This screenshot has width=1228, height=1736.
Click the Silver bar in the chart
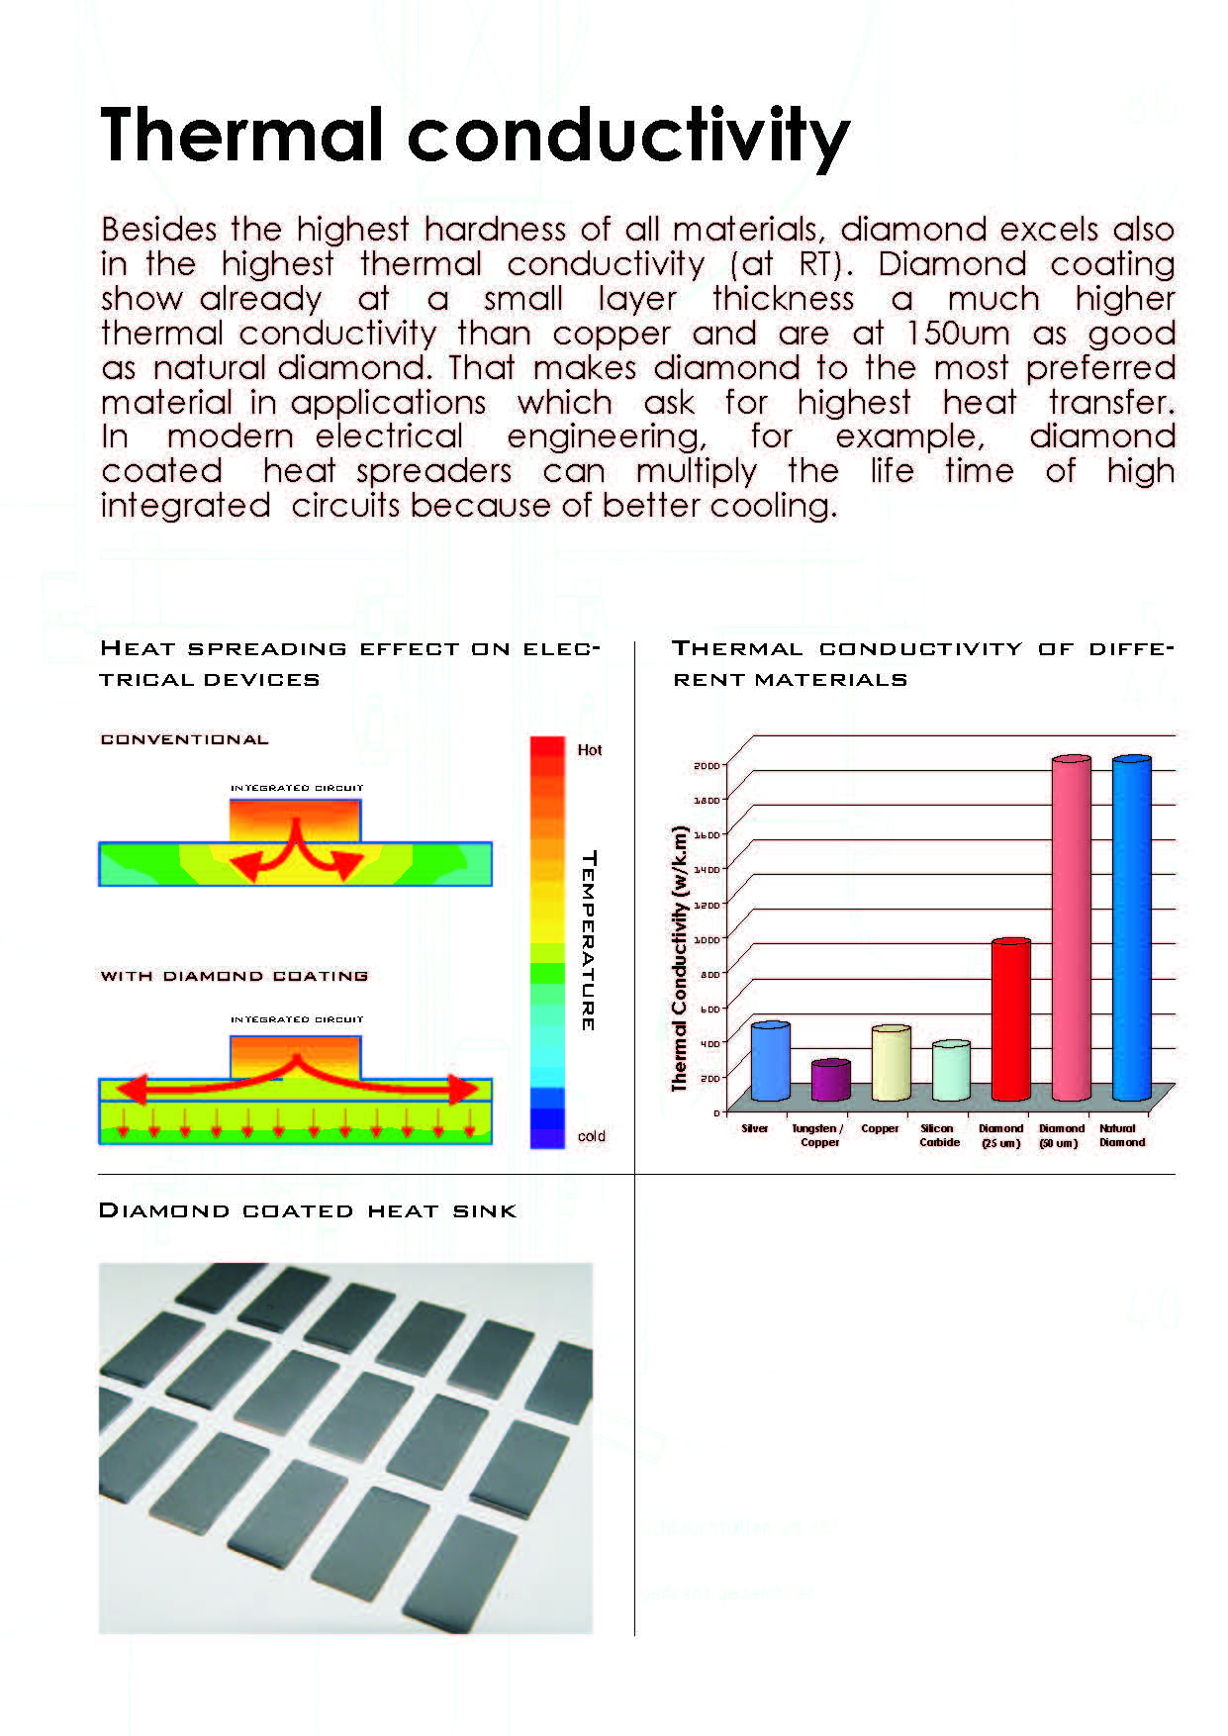[770, 1062]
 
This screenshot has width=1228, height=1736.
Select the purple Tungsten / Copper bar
[830, 1081]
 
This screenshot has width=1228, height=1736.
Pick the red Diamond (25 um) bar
[1010, 1019]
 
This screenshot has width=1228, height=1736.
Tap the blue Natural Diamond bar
[1131, 928]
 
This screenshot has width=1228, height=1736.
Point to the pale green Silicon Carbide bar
[951, 1071]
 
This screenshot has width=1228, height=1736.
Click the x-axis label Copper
[880, 1128]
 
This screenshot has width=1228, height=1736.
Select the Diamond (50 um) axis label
[1061, 1135]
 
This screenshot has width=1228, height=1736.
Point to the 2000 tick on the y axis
[707, 765]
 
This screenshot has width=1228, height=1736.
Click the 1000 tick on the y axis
[708, 939]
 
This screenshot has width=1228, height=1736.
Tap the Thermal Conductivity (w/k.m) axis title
[679, 958]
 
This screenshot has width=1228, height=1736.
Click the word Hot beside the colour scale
[590, 750]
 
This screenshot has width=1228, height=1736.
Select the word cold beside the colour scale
[591, 1136]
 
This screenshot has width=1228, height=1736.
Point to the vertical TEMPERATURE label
[588, 940]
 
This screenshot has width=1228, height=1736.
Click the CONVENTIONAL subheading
[184, 739]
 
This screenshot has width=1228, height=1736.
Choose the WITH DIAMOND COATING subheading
[234, 976]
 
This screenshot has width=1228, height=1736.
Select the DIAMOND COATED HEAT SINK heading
[308, 1210]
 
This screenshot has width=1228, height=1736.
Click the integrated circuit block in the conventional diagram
[295, 820]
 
